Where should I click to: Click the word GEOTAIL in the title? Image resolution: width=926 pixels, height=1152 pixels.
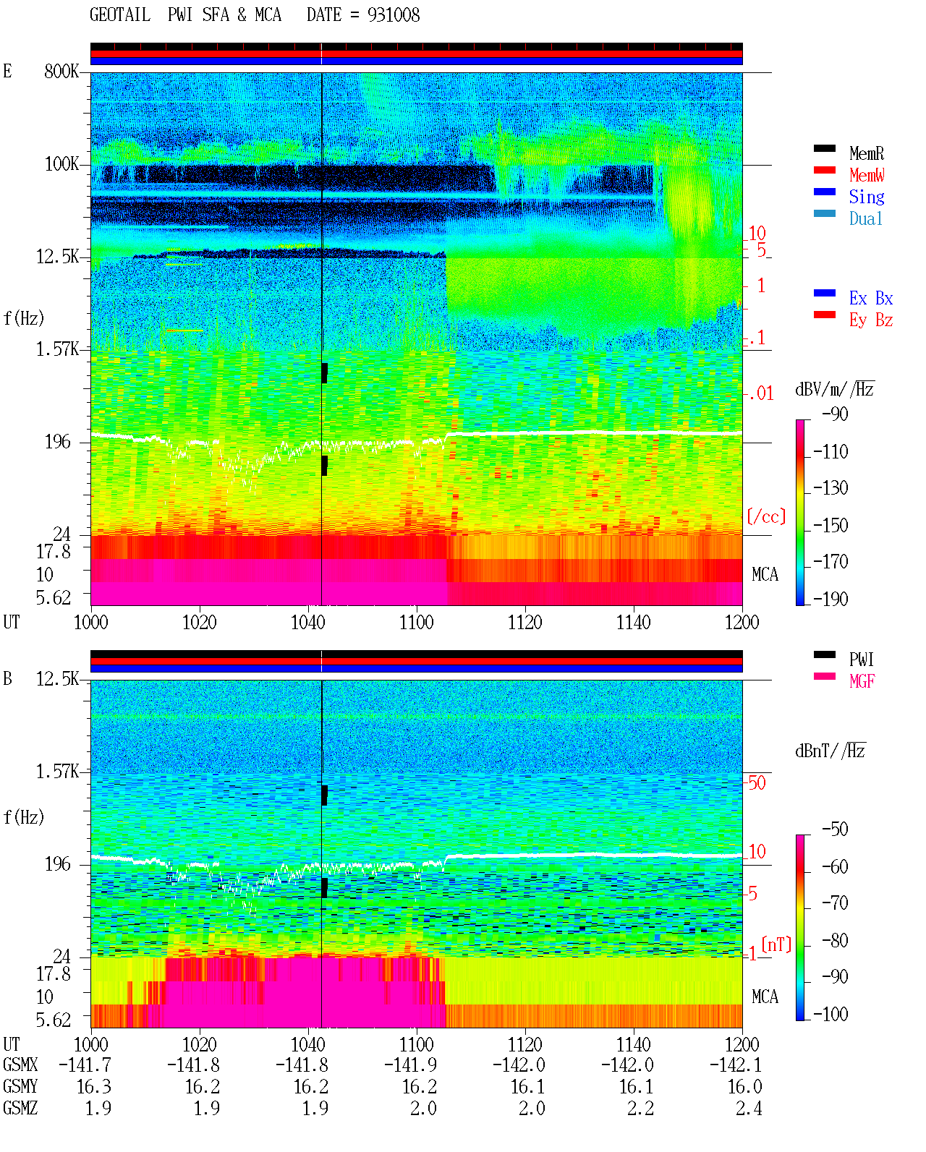point(120,15)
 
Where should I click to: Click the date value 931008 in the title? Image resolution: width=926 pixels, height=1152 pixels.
point(394,15)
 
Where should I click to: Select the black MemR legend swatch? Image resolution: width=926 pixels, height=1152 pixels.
point(824,148)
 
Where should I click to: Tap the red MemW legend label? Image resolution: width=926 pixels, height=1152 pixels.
point(867,175)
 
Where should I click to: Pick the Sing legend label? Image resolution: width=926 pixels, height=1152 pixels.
point(866,197)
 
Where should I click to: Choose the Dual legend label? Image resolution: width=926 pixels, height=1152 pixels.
point(865,218)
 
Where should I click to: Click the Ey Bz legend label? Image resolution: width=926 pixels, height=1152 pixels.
point(871,320)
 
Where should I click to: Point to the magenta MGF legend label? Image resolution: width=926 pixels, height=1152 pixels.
point(862,681)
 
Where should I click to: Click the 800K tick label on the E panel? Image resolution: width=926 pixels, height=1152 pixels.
point(61,71)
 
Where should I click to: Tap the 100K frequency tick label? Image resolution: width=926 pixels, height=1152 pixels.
point(61,164)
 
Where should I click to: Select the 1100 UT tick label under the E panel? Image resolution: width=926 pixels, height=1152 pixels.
point(416,623)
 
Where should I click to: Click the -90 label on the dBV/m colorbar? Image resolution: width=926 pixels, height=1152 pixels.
point(835,414)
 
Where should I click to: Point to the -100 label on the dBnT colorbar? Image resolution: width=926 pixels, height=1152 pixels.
point(831,1014)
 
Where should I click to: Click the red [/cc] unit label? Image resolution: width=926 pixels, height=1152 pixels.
point(766,516)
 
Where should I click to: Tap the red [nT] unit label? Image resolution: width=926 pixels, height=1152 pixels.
point(776,944)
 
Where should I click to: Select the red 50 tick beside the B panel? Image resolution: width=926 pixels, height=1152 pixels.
point(757,783)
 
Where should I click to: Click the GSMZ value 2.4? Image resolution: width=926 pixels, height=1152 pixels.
point(749,1108)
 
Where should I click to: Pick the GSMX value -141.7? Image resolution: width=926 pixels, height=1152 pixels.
point(85,1065)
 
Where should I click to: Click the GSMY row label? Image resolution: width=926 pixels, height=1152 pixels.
point(20,1087)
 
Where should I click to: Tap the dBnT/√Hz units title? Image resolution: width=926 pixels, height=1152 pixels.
point(831,751)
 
